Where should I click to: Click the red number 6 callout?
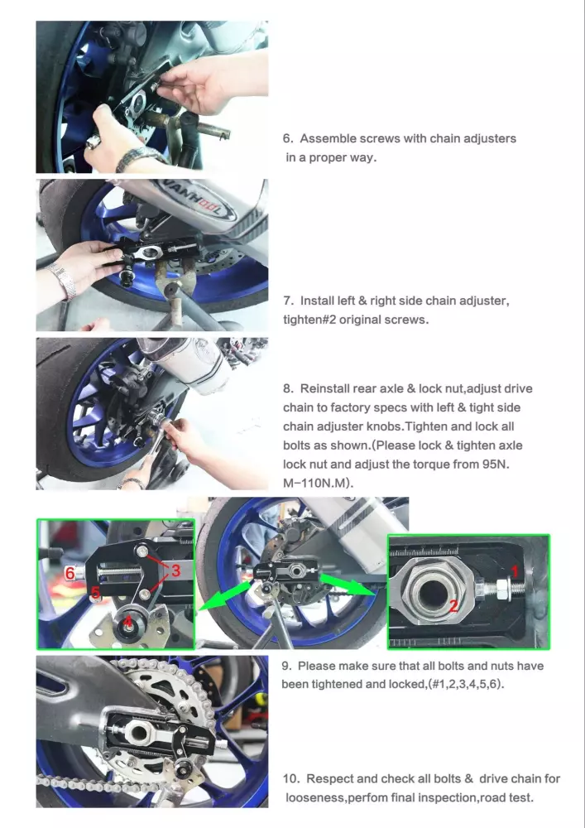pyautogui.click(x=70, y=573)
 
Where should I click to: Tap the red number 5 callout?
pyautogui.click(x=95, y=593)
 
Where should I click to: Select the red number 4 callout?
pyautogui.click(x=127, y=622)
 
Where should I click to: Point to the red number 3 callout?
pyautogui.click(x=175, y=570)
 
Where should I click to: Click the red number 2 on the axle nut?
pyautogui.click(x=453, y=605)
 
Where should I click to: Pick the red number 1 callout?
pyautogui.click(x=515, y=570)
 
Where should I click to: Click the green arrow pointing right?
pyautogui.click(x=349, y=585)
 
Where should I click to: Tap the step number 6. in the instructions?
pyautogui.click(x=287, y=138)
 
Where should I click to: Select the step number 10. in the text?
pyautogui.click(x=291, y=778)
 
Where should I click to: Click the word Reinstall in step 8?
pyautogui.click(x=324, y=388)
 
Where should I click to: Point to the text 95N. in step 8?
pyautogui.click(x=496, y=465)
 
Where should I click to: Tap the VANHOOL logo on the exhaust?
pyautogui.click(x=198, y=200)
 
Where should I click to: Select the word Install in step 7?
pyautogui.click(x=318, y=301)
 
